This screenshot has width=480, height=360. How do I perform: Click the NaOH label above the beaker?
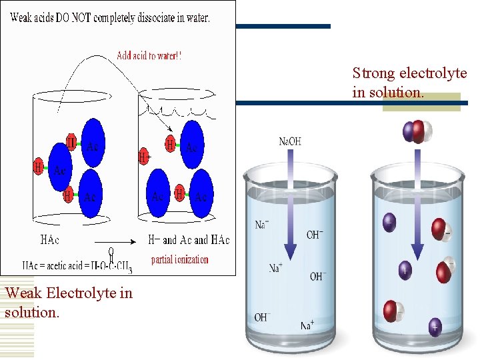[x=290, y=141]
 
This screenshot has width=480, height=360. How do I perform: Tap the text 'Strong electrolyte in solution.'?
[x=409, y=82]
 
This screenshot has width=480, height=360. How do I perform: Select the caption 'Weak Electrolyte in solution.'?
[x=68, y=302]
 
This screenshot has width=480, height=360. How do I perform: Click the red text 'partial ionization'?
[x=179, y=259]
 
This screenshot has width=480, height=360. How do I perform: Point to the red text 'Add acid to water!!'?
[x=149, y=56]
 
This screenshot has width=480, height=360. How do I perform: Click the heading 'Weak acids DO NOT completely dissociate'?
[x=110, y=18]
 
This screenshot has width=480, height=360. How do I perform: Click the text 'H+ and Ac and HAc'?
[x=188, y=240]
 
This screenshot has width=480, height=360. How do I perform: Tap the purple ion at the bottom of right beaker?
[x=435, y=327]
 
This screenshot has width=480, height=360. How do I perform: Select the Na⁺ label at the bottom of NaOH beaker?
[x=307, y=326]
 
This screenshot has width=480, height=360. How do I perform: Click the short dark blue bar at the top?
[x=283, y=26]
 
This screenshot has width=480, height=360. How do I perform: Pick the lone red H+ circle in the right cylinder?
[x=143, y=157]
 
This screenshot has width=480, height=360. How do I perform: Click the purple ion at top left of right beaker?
[x=389, y=221]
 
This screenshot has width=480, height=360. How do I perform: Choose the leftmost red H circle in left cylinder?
[x=39, y=166]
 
